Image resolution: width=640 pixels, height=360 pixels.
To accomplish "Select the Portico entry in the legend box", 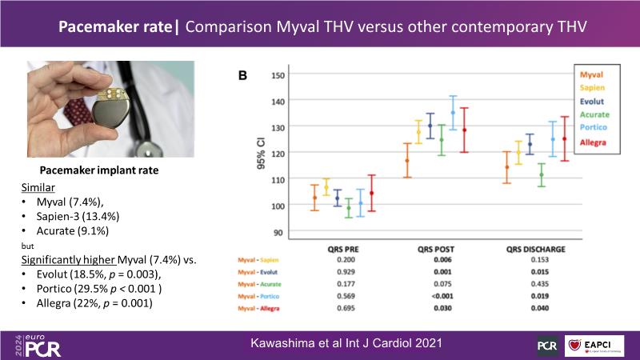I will (594, 128).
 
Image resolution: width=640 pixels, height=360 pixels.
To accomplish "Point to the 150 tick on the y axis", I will (278, 75).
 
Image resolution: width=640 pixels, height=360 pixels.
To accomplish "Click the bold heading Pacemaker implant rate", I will (94, 170).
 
